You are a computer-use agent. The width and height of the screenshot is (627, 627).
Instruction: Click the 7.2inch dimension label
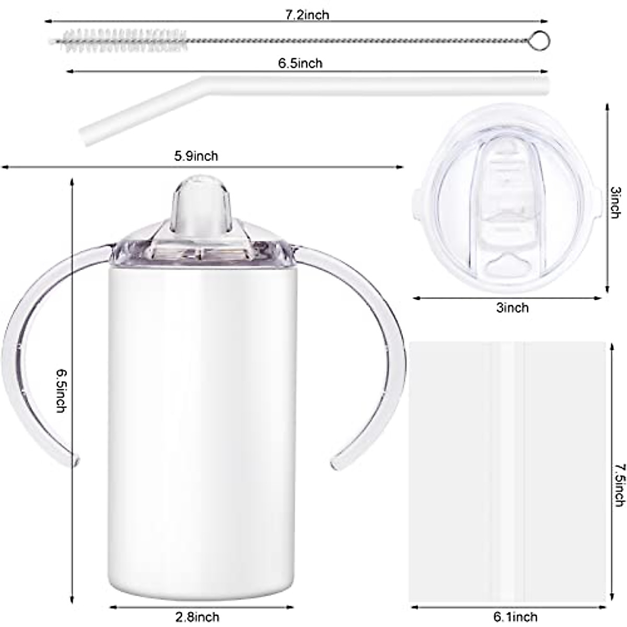click(x=307, y=14)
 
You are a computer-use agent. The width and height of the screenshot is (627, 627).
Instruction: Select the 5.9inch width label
click(x=196, y=156)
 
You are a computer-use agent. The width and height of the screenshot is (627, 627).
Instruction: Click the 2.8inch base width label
click(x=198, y=617)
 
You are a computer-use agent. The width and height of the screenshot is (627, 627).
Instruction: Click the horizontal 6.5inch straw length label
click(x=300, y=63)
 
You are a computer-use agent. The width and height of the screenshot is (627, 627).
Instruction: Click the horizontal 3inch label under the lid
click(x=512, y=308)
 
